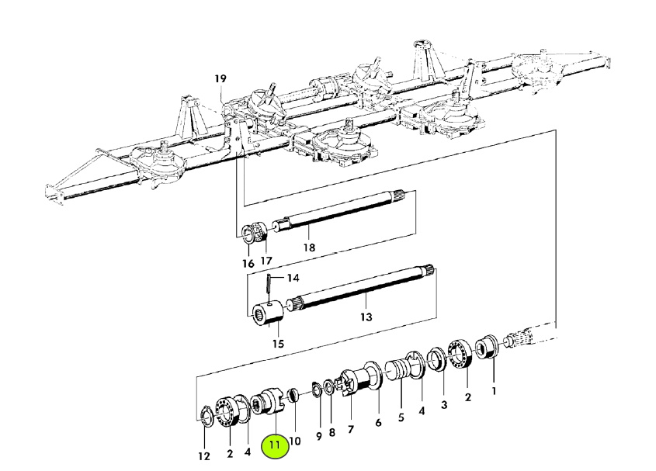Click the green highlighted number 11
click(x=276, y=446)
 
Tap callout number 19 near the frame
click(x=220, y=79)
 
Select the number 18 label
click(x=308, y=248)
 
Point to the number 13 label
click(x=366, y=317)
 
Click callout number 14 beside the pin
click(x=293, y=278)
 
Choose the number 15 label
click(x=278, y=344)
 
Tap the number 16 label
click(x=248, y=264)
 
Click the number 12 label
click(x=203, y=456)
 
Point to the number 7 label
click(x=350, y=429)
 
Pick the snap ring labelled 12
click(x=207, y=418)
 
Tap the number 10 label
click(x=295, y=442)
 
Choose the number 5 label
click(x=401, y=416)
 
